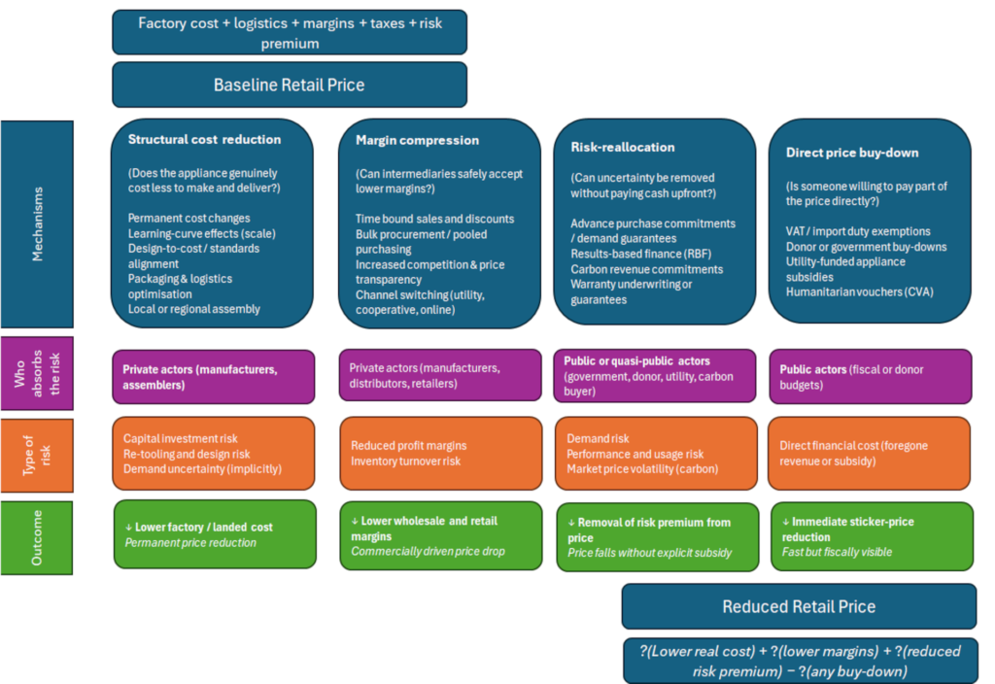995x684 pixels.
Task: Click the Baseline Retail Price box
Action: click(x=290, y=85)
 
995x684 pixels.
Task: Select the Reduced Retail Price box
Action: click(x=799, y=606)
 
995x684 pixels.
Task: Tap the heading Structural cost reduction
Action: click(x=204, y=140)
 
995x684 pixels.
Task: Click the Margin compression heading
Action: click(x=417, y=140)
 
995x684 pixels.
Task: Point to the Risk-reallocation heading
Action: click(x=623, y=148)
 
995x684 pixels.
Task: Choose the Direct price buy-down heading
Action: click(x=852, y=153)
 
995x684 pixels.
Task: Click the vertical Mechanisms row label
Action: click(x=38, y=224)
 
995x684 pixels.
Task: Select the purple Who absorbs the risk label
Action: click(x=38, y=373)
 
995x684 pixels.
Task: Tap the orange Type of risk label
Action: click(x=38, y=456)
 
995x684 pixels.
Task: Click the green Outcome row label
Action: click(x=37, y=538)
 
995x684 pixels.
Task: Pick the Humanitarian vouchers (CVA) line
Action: click(x=859, y=291)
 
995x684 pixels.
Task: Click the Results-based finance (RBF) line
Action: click(x=641, y=254)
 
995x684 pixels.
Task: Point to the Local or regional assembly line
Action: click(x=194, y=309)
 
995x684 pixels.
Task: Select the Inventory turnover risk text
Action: click(x=405, y=462)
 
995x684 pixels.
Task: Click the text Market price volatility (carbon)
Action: click(x=642, y=469)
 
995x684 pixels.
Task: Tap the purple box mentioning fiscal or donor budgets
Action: click(x=870, y=377)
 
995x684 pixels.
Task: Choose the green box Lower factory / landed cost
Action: click(x=215, y=534)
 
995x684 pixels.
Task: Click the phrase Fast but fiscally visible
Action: click(x=837, y=552)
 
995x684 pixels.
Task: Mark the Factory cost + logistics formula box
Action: click(x=290, y=32)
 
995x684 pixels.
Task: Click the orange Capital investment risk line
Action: click(x=180, y=438)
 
